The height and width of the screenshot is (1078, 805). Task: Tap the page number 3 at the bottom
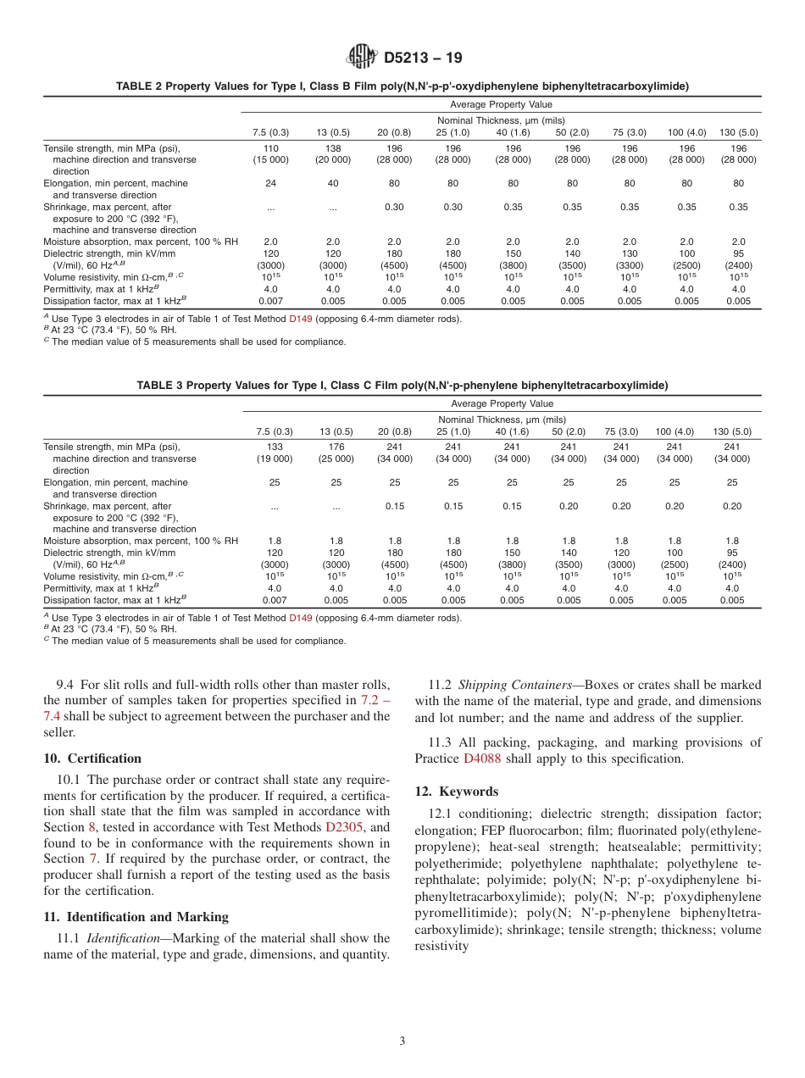click(x=402, y=1041)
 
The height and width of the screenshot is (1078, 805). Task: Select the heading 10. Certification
click(x=92, y=758)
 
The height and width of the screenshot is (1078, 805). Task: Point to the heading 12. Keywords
click(x=456, y=791)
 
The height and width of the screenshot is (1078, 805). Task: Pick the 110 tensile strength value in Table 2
click(x=270, y=147)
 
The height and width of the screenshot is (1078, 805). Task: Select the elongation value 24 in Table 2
click(x=270, y=183)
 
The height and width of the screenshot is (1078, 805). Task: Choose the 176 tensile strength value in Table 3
click(x=336, y=447)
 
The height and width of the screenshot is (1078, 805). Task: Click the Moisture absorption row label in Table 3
click(x=140, y=541)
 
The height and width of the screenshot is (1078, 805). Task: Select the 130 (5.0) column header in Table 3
click(x=732, y=431)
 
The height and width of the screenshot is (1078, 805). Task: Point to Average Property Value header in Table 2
click(x=501, y=104)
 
